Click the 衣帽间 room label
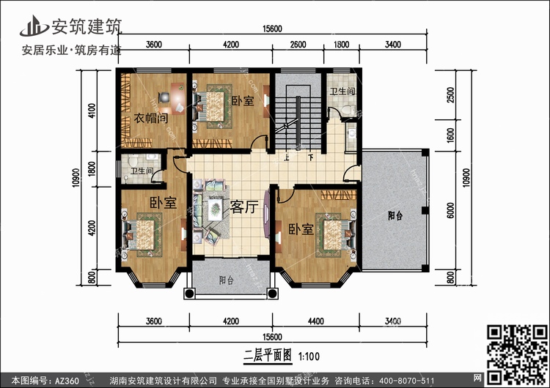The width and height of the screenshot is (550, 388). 150,118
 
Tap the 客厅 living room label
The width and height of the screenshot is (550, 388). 244,206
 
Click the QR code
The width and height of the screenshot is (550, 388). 518,354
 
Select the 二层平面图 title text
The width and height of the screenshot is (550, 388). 268,356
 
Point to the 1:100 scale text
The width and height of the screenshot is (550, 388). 309,357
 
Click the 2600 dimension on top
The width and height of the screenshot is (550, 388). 298,45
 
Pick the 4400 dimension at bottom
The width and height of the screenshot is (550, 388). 315,321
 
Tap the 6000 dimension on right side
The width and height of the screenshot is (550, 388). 451,210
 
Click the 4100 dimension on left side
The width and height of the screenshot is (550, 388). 92,111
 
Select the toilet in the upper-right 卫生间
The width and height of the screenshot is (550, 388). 348,110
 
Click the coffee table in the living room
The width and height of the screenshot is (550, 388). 216,209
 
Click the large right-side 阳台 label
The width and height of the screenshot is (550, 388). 395,215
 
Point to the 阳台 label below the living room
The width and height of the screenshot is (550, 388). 227,280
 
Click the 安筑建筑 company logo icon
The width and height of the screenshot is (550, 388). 34,26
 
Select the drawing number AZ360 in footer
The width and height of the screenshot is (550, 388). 67,380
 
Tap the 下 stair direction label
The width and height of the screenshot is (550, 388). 311,157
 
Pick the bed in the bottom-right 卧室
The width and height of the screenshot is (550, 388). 336,235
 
